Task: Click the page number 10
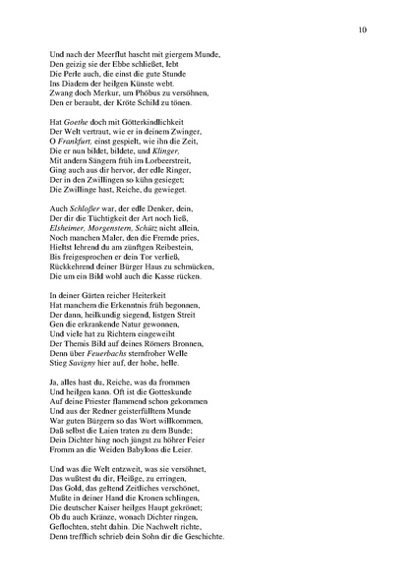point(364,30)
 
